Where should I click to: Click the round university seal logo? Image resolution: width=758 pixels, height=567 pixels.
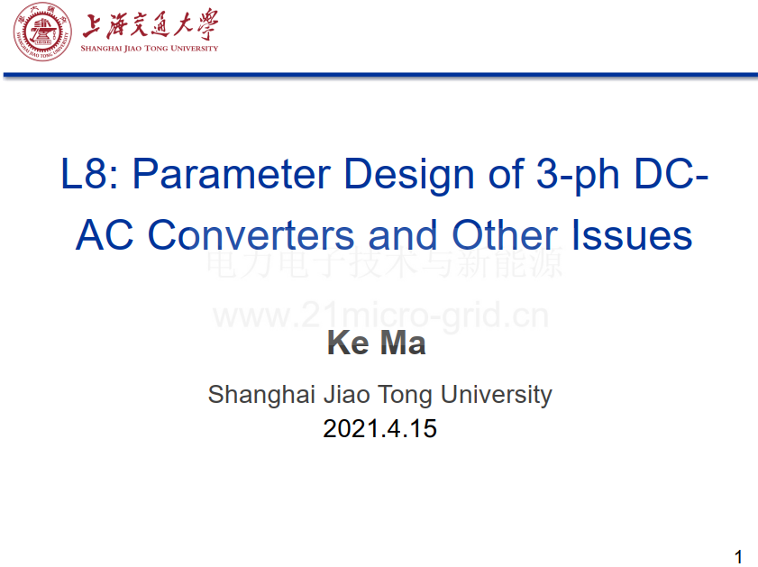42,32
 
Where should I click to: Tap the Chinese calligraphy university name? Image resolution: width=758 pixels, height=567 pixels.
150,24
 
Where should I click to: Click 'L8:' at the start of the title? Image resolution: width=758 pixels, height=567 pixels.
89,174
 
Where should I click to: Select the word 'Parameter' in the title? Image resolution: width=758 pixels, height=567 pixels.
232,174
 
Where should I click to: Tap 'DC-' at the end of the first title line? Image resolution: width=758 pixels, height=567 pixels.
671,174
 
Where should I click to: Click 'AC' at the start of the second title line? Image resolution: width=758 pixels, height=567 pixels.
105,235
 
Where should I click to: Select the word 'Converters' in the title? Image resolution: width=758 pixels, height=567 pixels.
251,235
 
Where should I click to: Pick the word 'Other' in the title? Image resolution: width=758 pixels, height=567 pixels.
505,235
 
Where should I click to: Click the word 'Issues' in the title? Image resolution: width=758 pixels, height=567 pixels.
632,235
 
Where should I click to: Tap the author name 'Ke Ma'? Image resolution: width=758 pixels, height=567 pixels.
376,343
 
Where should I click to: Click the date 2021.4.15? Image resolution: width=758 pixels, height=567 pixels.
379,429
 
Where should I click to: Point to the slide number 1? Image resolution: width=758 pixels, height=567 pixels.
737,556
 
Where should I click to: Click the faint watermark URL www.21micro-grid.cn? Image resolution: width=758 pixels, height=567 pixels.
381,316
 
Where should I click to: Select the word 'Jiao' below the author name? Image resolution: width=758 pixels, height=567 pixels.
344,395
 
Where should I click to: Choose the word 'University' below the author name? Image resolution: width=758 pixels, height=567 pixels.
496,396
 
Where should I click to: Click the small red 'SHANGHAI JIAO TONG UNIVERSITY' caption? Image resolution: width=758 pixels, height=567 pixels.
150,49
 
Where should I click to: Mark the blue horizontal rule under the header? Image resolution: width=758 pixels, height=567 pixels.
380,75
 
